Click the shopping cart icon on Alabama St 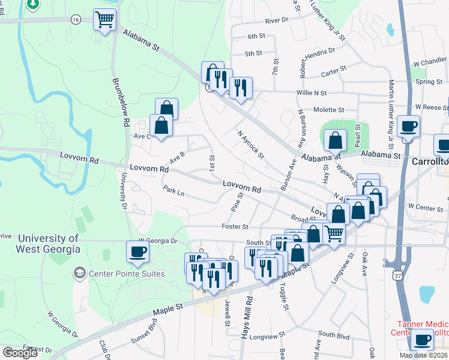[x=105, y=20]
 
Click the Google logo [x=20, y=353]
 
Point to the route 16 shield [x=75, y=20]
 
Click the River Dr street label [x=276, y=20]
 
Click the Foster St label [x=235, y=227]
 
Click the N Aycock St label [x=251, y=145]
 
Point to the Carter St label [x=330, y=73]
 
